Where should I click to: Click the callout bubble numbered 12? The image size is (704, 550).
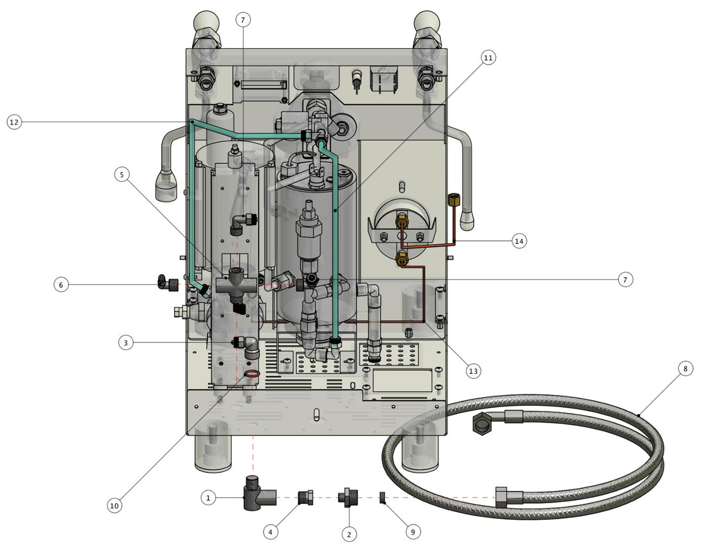[x=15, y=121]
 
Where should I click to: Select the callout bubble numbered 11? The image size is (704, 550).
[x=488, y=58]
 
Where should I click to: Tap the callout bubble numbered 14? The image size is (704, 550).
[x=519, y=241]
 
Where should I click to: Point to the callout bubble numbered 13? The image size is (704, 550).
[x=473, y=371]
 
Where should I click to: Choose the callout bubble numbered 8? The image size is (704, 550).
[x=685, y=369]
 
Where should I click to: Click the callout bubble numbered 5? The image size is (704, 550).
[x=123, y=174]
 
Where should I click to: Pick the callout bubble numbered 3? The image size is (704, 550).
[x=126, y=343]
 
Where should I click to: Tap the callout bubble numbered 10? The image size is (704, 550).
[x=114, y=506]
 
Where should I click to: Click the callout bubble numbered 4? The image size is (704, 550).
[x=271, y=531]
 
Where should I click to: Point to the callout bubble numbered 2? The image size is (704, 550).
[x=349, y=533]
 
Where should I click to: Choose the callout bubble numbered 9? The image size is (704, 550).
[x=413, y=531]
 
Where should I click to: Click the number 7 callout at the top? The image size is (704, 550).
[x=242, y=20]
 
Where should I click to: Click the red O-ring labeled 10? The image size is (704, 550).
[x=252, y=375]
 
